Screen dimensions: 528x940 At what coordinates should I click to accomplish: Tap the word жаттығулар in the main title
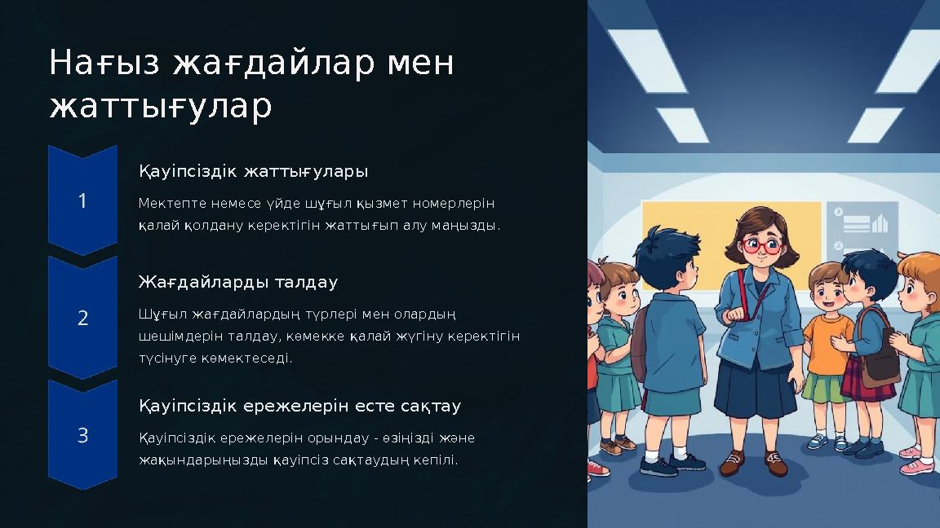[x=161, y=107]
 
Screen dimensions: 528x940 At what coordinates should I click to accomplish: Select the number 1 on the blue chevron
[x=82, y=201]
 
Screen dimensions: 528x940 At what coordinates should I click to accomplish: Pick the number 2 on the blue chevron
[x=82, y=319]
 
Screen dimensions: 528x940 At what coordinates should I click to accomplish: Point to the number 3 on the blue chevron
[x=82, y=436]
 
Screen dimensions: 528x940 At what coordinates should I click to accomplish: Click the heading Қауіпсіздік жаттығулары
[x=253, y=172]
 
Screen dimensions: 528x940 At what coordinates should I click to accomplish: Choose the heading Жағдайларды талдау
[x=237, y=283]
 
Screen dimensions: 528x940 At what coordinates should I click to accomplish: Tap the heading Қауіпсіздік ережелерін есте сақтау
[x=299, y=406]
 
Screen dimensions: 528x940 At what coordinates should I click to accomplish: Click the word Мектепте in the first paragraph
[x=166, y=203]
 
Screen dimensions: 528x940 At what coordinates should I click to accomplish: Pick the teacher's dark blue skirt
[x=756, y=390]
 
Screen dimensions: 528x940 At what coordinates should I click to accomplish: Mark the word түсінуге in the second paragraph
[x=166, y=358]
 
